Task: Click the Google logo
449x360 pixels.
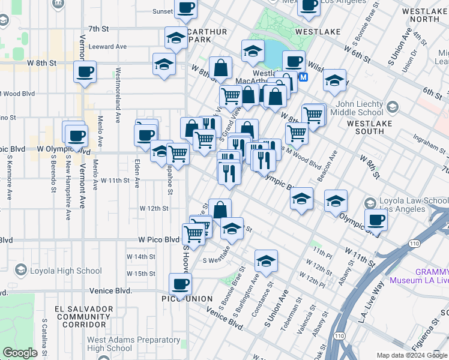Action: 20,353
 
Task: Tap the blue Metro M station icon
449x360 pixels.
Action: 304,77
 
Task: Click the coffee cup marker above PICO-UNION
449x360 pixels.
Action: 180,283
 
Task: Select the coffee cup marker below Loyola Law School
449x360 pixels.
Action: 376,220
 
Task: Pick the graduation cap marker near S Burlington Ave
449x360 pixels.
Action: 266,260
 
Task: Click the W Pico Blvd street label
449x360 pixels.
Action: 159,239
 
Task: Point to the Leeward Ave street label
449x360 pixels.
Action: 107,46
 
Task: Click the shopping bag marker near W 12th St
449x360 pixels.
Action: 220,209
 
